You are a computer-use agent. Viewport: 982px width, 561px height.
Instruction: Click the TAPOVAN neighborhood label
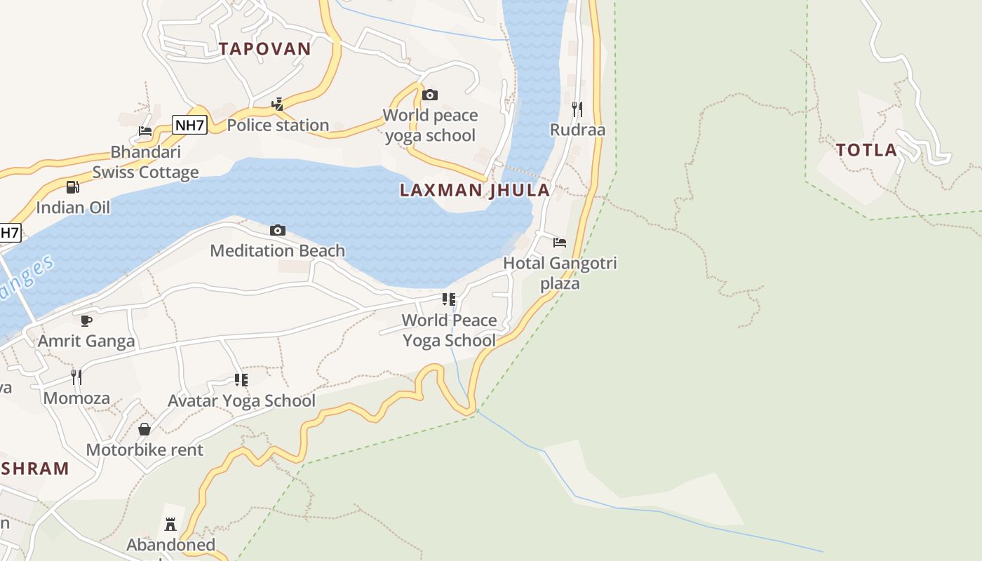(264, 48)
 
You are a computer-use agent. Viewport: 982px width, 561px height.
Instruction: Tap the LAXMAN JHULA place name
(475, 190)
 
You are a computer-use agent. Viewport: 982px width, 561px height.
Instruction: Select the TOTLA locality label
(866, 149)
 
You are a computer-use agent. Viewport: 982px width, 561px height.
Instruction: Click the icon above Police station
(278, 104)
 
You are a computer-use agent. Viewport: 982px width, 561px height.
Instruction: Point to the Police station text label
(278, 126)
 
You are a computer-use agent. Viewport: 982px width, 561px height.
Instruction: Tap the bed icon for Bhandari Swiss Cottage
(145, 131)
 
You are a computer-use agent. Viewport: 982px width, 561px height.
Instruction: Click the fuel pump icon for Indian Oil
(72, 187)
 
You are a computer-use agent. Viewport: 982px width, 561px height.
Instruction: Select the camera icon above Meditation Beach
(278, 230)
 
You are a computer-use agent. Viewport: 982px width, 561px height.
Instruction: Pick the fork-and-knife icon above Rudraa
(577, 109)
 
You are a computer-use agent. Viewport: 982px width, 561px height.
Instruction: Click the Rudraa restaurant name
(577, 130)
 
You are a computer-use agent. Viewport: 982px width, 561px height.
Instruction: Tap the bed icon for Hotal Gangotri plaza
(560, 243)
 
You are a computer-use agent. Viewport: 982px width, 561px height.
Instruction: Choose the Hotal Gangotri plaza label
(560, 273)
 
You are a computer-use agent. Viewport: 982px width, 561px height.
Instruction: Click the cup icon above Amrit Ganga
(86, 320)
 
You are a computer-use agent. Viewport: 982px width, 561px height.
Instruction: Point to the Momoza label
(76, 398)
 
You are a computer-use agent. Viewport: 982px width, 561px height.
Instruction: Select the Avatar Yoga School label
(241, 401)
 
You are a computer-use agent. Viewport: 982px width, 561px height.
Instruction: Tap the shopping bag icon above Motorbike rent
(144, 429)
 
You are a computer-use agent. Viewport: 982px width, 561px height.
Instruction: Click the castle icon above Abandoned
(170, 524)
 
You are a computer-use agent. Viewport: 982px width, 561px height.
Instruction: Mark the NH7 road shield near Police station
(189, 126)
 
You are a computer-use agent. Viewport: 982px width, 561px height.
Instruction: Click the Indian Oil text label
(73, 208)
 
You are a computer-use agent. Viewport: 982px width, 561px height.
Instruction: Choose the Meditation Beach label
(277, 250)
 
